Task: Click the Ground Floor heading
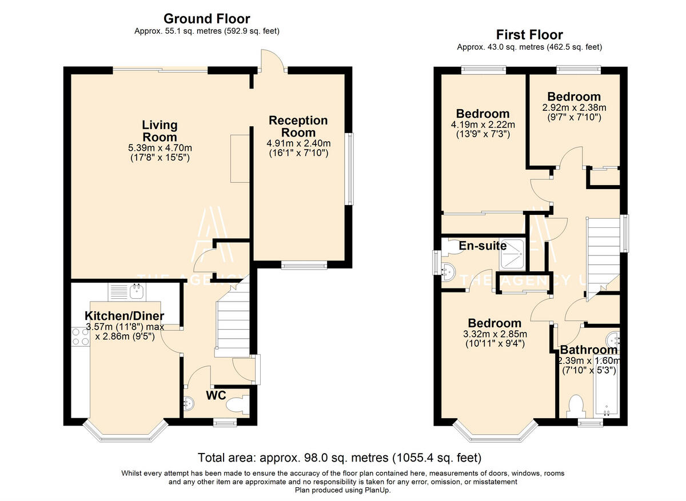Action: pyautogui.click(x=207, y=19)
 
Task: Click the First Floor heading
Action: pyautogui.click(x=529, y=35)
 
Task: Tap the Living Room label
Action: pyautogui.click(x=160, y=131)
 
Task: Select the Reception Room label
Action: pyautogui.click(x=298, y=126)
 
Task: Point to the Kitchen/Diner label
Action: pyautogui.click(x=125, y=315)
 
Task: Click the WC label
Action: pyautogui.click(x=216, y=395)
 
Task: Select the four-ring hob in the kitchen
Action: pyautogui.click(x=81, y=336)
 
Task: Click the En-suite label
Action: pyautogui.click(x=482, y=246)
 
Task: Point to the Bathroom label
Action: pyautogui.click(x=589, y=350)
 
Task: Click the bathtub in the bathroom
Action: pyautogui.click(x=607, y=386)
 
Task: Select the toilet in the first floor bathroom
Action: pyautogui.click(x=576, y=406)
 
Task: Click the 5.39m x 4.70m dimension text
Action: pyautogui.click(x=160, y=148)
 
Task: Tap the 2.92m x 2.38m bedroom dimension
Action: pyautogui.click(x=574, y=108)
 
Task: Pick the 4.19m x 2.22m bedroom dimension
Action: pyautogui.click(x=483, y=125)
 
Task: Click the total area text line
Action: pyautogui.click(x=340, y=458)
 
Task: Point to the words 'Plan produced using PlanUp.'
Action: pyautogui.click(x=342, y=490)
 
